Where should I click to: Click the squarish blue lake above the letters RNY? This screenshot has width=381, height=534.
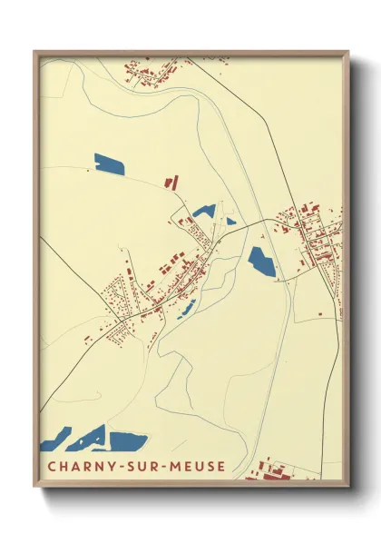click(128, 442)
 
